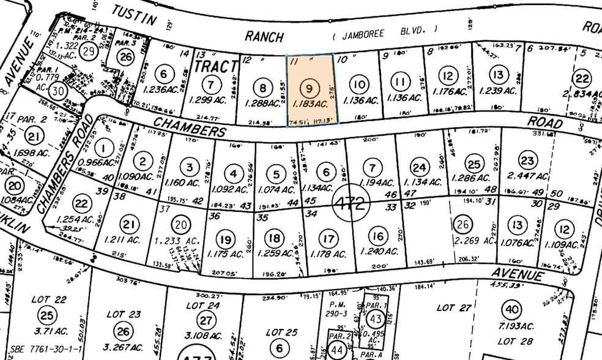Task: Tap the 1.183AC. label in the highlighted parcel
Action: (x=310, y=105)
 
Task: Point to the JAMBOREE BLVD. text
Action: (x=385, y=31)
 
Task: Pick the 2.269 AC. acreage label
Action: (x=473, y=241)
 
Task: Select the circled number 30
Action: (x=58, y=91)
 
